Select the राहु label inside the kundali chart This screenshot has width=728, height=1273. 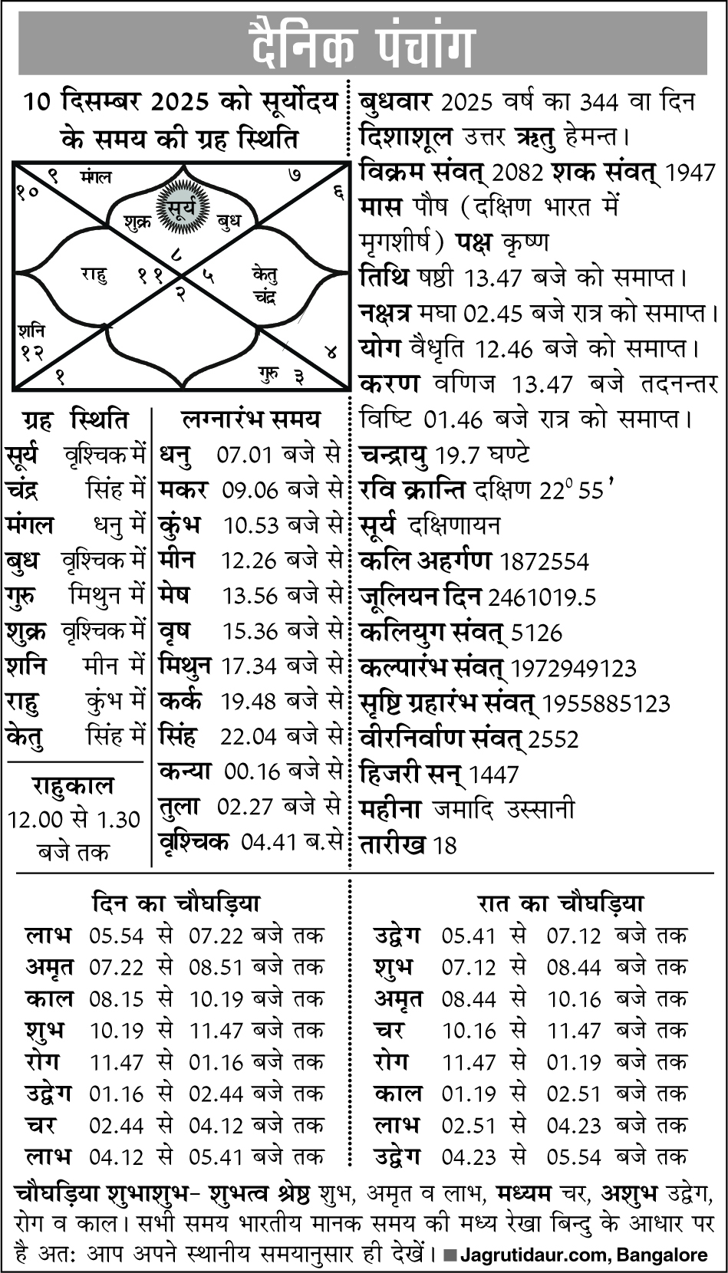point(94,274)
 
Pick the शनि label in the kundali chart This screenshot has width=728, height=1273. point(31,331)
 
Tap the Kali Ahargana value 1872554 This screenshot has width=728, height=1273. point(544,562)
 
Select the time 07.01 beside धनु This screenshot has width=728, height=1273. point(245,456)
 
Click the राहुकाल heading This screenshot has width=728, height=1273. point(72,786)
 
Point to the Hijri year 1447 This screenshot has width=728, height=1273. point(494,775)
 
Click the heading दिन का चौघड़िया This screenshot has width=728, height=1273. point(176,903)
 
